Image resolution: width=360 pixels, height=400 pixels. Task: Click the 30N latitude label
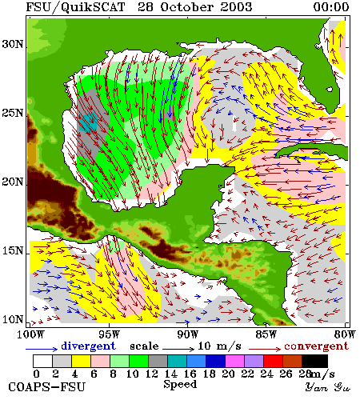pyautogui.click(x=13, y=44)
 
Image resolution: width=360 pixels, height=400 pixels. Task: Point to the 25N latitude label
pyautogui.click(x=13, y=113)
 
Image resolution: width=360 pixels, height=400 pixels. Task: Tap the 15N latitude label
pyautogui.click(x=13, y=250)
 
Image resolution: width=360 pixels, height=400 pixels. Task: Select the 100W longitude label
pyautogui.click(x=30, y=334)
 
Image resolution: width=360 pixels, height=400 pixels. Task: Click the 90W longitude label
pyautogui.click(x=188, y=334)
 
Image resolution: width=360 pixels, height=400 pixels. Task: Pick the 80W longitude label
pyautogui.click(x=345, y=334)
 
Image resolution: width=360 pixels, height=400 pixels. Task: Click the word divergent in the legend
pyautogui.click(x=89, y=346)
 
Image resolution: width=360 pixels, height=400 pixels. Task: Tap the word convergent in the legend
pyautogui.click(x=317, y=346)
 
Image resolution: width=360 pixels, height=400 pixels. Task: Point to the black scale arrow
pyautogui.click(x=178, y=349)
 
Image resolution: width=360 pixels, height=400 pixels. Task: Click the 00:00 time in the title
pyautogui.click(x=331, y=7)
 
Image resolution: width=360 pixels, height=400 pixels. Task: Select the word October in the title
pyautogui.click(x=186, y=7)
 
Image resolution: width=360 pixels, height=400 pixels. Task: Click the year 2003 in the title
pyautogui.click(x=236, y=7)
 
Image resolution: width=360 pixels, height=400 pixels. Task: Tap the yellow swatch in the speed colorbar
pyautogui.click(x=81, y=361)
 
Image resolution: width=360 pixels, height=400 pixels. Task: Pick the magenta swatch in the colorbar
pyautogui.click(x=234, y=361)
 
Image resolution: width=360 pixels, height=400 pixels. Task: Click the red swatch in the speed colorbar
pyautogui.click(x=273, y=361)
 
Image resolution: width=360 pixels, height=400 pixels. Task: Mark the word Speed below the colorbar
pyautogui.click(x=180, y=384)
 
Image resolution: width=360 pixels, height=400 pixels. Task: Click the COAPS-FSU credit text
pyautogui.click(x=47, y=387)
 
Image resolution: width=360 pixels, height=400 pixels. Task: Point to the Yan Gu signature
pyautogui.click(x=328, y=387)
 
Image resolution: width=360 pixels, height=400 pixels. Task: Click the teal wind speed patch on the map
pyautogui.click(x=88, y=123)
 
